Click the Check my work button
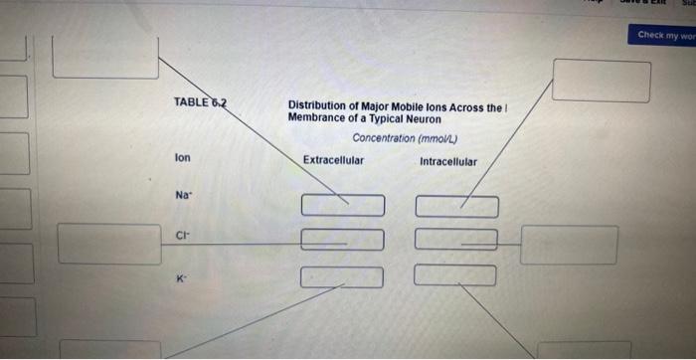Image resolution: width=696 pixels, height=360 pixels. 665,35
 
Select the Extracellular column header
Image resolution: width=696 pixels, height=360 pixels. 333,160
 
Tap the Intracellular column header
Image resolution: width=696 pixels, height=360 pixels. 447,161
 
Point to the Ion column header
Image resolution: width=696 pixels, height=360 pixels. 182,158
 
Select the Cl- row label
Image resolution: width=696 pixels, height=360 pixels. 181,236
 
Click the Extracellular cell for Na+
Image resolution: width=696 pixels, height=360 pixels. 342,205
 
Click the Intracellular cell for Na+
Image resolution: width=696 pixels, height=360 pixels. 456,206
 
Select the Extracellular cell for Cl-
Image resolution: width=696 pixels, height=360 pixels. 342,240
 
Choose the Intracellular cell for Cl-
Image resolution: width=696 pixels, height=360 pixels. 455,240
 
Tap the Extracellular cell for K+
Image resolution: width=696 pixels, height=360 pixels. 341,275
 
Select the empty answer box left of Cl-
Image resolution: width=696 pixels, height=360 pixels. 109,244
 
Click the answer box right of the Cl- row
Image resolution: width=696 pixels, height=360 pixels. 569,245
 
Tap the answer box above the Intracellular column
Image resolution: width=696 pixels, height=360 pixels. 602,81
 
